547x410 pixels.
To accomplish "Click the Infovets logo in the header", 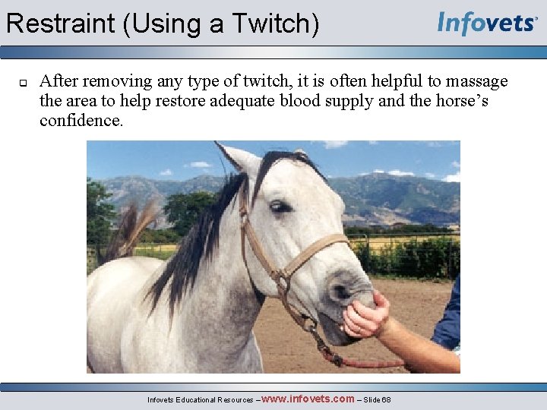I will [487, 23].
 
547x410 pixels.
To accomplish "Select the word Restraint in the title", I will [61, 24].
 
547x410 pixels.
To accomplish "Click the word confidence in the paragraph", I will [81, 121].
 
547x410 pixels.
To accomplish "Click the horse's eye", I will [280, 206].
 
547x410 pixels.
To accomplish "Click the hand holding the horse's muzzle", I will [365, 315].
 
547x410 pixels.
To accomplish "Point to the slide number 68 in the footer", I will [386, 399].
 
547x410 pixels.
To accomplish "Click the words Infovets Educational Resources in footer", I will [201, 399].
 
